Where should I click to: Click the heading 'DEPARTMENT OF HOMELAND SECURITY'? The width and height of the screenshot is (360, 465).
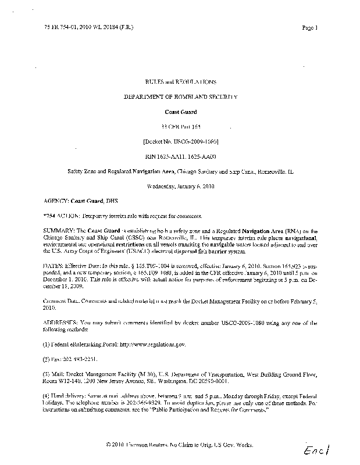(x=179, y=96)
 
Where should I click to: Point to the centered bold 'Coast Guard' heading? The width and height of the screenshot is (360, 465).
(x=179, y=111)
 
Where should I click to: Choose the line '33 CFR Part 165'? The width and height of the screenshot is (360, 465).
(x=179, y=126)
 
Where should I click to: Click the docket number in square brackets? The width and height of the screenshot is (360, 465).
(x=179, y=141)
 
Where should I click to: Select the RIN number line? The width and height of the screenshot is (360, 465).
(x=179, y=156)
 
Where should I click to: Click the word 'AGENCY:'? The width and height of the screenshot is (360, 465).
(x=56, y=201)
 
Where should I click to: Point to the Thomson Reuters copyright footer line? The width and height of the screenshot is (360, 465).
(x=179, y=445)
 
